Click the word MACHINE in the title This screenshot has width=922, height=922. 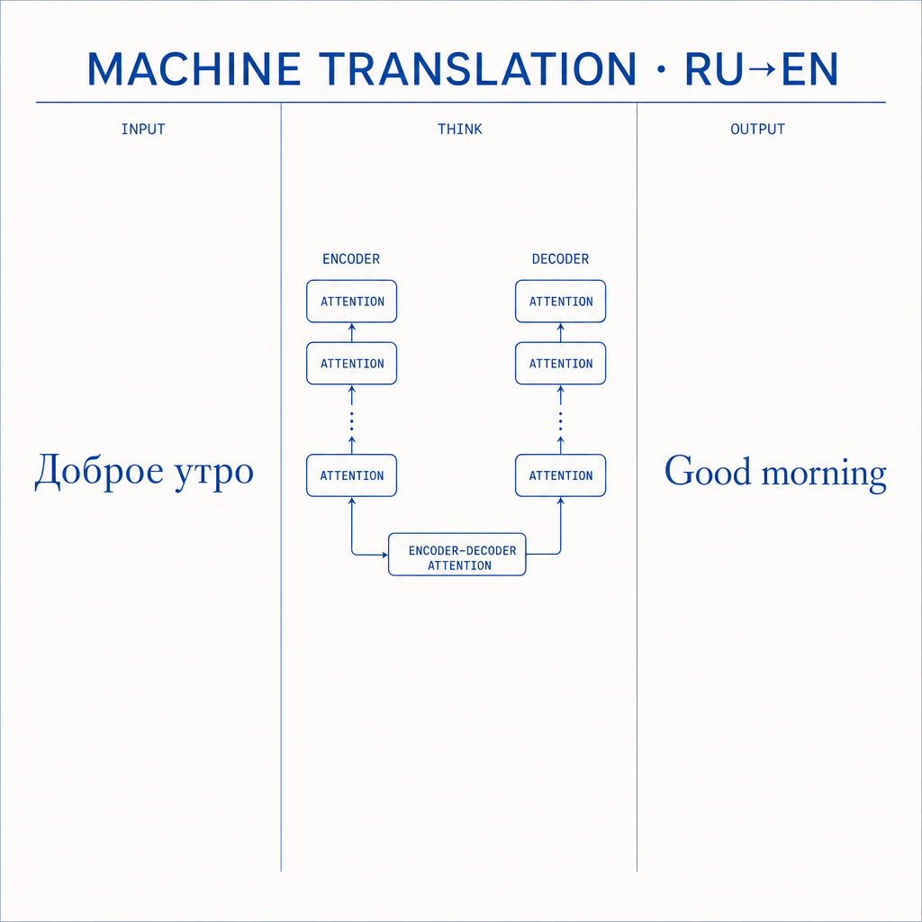[x=194, y=69]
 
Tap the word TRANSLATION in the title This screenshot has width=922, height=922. [x=477, y=69]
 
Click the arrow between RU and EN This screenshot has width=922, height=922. [x=763, y=69]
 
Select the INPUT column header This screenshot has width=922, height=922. [x=143, y=130]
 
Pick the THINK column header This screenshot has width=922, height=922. [x=460, y=130]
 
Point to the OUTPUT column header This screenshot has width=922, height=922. [x=757, y=130]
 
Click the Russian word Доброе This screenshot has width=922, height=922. [x=99, y=471]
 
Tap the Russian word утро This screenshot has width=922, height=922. [x=214, y=474]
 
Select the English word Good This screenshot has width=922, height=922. [x=708, y=470]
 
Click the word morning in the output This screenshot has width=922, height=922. [x=824, y=474]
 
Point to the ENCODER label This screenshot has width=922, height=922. [x=351, y=258]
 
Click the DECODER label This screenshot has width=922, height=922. [x=560, y=258]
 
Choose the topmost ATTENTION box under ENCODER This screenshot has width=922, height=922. [x=352, y=301]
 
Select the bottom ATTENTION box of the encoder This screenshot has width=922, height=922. [x=352, y=475]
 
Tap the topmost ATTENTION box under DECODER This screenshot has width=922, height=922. [x=560, y=301]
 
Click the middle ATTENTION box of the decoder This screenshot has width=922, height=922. [x=560, y=364]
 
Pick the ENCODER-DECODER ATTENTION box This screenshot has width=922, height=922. [x=456, y=554]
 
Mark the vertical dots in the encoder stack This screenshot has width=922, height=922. [x=352, y=421]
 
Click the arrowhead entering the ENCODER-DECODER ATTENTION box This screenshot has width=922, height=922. [x=384, y=555]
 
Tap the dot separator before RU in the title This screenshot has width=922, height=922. [x=661, y=69]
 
